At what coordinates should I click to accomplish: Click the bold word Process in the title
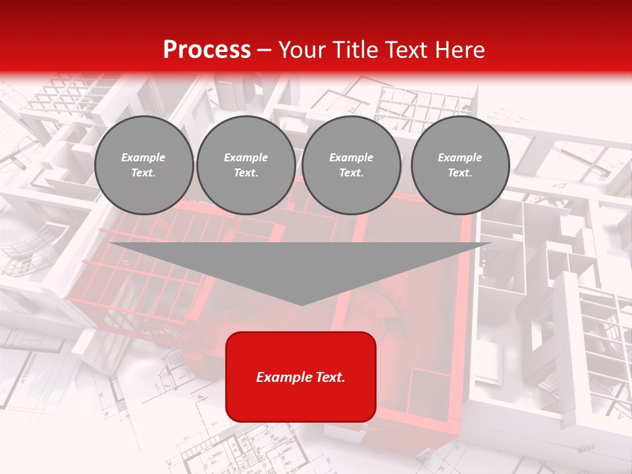click(207, 50)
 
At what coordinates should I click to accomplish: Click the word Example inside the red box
click(284, 377)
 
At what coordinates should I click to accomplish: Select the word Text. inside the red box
click(329, 377)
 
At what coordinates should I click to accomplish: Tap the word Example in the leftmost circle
click(144, 157)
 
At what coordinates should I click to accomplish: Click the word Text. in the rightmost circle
click(460, 172)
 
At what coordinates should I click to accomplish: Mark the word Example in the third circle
click(351, 157)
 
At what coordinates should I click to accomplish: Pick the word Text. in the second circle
click(246, 172)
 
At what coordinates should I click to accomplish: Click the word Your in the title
click(302, 50)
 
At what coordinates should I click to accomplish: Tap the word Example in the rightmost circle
click(460, 157)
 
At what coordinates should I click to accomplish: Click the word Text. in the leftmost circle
click(144, 172)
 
